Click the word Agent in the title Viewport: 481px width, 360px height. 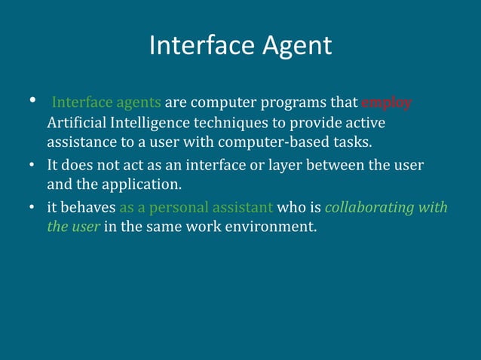(x=295, y=47)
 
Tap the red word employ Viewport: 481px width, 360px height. (x=387, y=102)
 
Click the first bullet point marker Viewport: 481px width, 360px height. (x=32, y=101)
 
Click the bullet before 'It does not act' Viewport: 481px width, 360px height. (x=33, y=164)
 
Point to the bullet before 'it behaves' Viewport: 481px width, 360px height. (x=33, y=206)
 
